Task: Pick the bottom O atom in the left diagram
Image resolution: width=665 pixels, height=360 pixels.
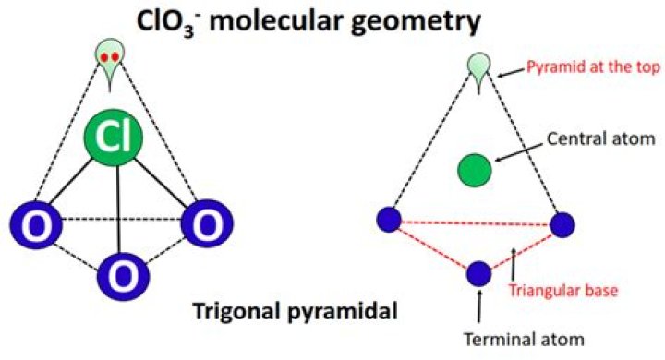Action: pos(122,274)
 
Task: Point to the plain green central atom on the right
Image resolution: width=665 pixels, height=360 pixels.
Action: pos(475,170)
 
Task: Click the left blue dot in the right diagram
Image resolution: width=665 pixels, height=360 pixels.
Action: pos(389,220)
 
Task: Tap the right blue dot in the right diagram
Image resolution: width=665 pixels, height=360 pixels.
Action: pos(562,224)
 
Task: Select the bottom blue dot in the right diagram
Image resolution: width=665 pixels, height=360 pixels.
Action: pos(478,273)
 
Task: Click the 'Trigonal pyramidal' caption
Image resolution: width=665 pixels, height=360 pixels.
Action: pos(293,311)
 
